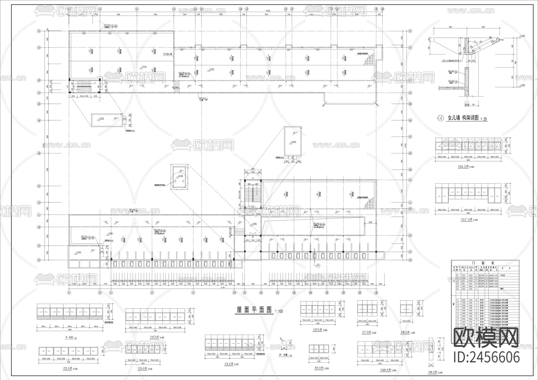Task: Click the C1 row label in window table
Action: [x=457, y=300]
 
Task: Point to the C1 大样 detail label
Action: [x=71, y=338]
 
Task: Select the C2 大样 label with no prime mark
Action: [x=71, y=369]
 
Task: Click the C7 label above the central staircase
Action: [x=253, y=178]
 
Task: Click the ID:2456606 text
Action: [x=487, y=357]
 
